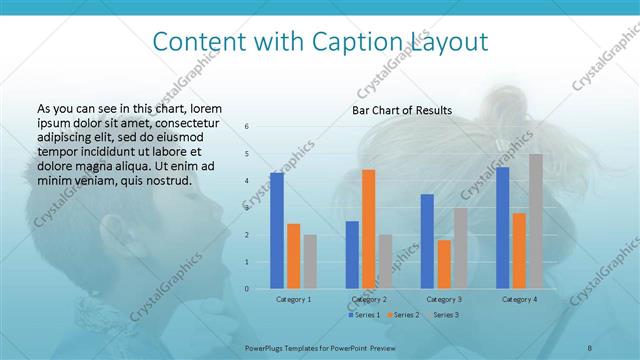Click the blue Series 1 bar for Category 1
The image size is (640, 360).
(277, 231)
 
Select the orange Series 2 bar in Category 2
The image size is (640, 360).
(368, 229)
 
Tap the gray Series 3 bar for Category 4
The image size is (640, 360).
(536, 221)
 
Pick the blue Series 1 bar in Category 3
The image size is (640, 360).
(427, 241)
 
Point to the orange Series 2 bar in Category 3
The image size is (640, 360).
(444, 264)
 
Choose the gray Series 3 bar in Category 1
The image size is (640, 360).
(310, 262)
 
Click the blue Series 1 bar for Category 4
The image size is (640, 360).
(502, 228)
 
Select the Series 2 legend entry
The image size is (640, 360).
(402, 315)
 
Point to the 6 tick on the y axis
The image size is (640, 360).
(248, 127)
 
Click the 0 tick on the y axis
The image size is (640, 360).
(248, 289)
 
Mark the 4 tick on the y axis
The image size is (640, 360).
(248, 181)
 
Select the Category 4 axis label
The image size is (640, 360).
(519, 299)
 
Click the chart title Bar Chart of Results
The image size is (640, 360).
(402, 110)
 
